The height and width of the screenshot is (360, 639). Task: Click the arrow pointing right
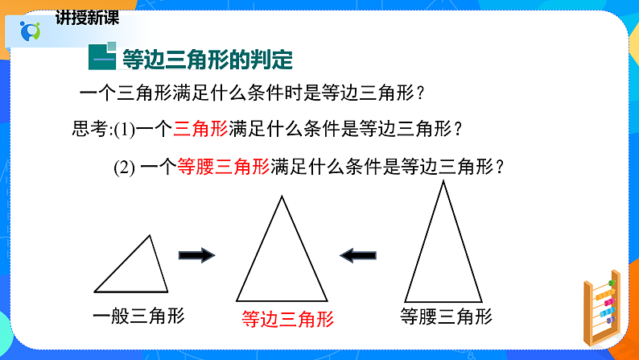[196, 255]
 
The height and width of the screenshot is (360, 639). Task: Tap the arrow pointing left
[358, 255]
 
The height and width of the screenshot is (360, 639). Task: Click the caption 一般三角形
[138, 316]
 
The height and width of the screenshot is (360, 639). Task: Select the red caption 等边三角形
[287, 319]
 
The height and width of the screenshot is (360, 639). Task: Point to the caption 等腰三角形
[446, 316]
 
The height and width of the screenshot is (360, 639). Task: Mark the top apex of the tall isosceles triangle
[443, 183]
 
